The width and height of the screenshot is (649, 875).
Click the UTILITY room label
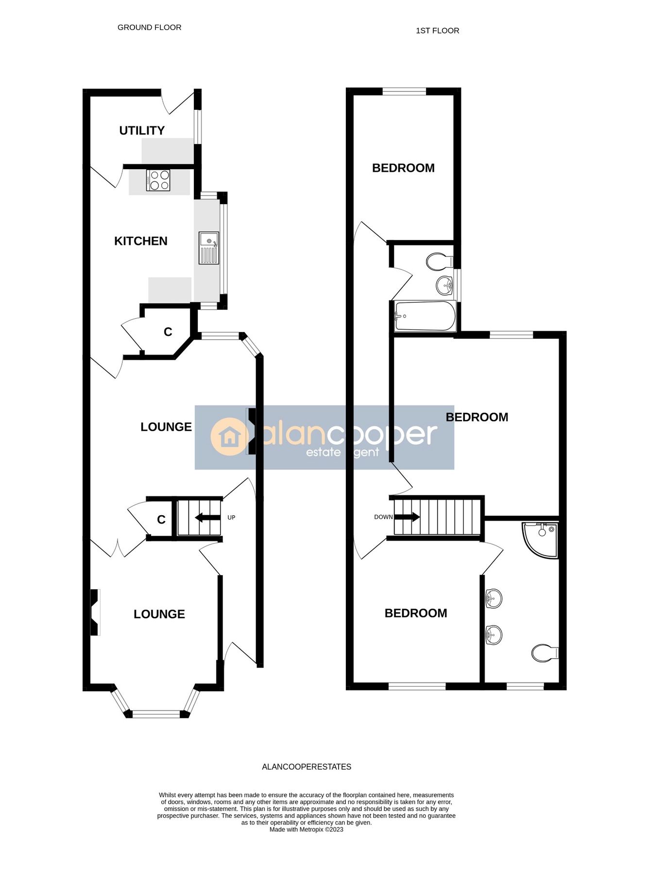tap(142, 130)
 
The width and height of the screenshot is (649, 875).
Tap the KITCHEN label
tap(141, 241)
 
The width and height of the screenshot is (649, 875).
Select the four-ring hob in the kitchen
tap(158, 180)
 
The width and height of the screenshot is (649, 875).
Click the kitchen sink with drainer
tap(209, 248)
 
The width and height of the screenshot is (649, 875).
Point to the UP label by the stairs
tap(231, 518)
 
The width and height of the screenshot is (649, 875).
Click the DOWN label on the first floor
tap(383, 517)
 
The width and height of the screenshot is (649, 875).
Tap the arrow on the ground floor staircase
tap(207, 518)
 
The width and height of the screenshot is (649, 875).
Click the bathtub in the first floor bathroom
tap(426, 316)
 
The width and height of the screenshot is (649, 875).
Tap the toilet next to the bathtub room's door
tap(439, 262)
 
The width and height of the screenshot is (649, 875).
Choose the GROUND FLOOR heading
tap(149, 28)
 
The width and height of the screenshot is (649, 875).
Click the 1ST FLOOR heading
tap(437, 31)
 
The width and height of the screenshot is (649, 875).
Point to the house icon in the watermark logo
tap(229, 437)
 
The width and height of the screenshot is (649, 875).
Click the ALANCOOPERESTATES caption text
tap(307, 767)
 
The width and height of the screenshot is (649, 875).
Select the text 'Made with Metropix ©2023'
tap(307, 830)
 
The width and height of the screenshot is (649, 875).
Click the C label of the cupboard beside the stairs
tap(161, 520)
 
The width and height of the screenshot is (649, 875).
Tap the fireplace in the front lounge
tap(95, 612)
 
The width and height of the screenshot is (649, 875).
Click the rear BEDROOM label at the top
tap(403, 168)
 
